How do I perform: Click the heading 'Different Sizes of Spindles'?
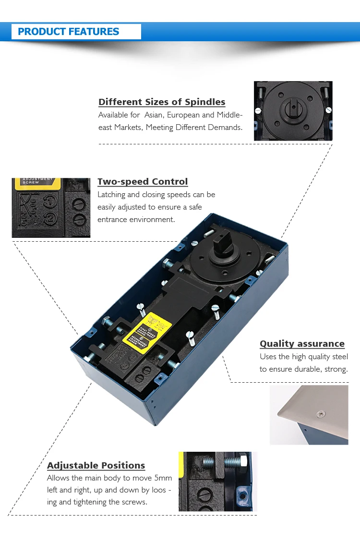(x=162, y=102)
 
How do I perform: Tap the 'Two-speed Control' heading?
(x=143, y=182)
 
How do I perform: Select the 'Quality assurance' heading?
(x=302, y=344)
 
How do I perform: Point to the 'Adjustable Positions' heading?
(x=96, y=466)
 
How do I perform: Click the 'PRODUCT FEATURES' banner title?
(x=68, y=32)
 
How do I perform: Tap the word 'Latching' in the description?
(x=111, y=195)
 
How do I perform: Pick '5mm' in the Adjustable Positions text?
(x=162, y=478)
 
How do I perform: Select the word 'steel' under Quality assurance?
(x=339, y=357)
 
